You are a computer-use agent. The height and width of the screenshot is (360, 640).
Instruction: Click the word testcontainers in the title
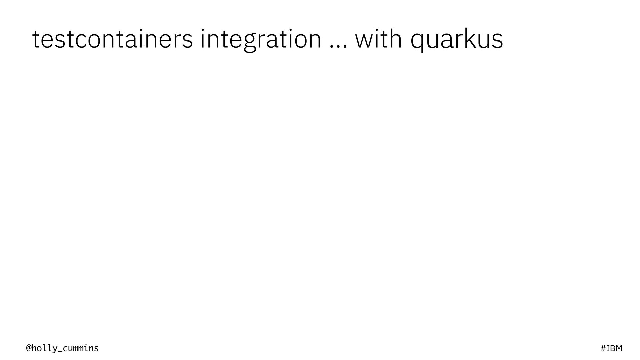pyautogui.click(x=112, y=39)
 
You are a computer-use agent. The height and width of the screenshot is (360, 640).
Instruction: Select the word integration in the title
pyautogui.click(x=261, y=39)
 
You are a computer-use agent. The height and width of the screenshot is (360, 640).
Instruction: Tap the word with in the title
pyautogui.click(x=378, y=39)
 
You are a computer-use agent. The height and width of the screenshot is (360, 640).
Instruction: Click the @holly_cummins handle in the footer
pyautogui.click(x=62, y=348)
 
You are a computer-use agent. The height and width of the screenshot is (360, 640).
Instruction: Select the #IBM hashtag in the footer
pyautogui.click(x=611, y=348)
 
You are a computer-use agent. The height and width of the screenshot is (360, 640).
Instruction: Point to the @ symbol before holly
pyautogui.click(x=29, y=348)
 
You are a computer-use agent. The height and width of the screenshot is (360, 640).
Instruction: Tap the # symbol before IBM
pyautogui.click(x=603, y=348)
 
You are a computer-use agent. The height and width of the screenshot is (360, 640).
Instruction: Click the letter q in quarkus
pyautogui.click(x=418, y=42)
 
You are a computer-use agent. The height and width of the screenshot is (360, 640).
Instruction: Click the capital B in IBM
pyautogui.click(x=613, y=348)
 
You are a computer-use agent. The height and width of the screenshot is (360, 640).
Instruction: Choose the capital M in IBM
pyautogui.click(x=619, y=348)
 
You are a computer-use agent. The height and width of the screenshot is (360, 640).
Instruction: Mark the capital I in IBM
pyautogui.click(x=608, y=348)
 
